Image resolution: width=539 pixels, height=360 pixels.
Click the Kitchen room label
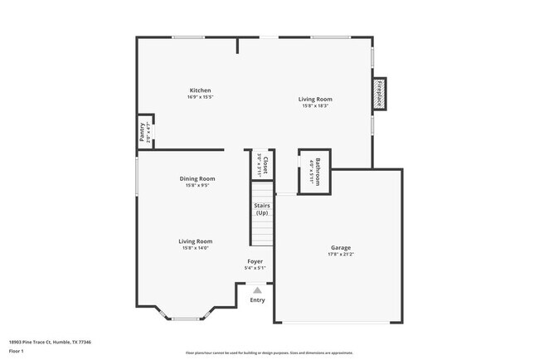[x=200, y=90]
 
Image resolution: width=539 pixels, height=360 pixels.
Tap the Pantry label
[x=143, y=133]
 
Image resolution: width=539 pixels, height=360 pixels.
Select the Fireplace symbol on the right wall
[x=380, y=95]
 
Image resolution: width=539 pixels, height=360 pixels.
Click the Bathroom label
[x=316, y=171]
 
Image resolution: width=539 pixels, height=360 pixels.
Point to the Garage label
[x=341, y=247]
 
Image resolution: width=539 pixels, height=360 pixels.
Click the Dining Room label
[x=197, y=178]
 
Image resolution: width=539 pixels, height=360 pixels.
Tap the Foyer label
[x=255, y=261]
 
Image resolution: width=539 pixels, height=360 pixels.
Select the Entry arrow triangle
[x=258, y=290]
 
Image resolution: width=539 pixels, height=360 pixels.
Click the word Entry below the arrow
[x=258, y=299]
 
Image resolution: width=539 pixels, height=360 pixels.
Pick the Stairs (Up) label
[x=261, y=210]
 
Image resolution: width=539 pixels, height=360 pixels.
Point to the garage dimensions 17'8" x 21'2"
[x=341, y=255]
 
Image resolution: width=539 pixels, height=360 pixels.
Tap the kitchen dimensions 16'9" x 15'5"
[x=200, y=97]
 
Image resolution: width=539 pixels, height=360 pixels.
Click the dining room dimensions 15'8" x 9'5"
[x=197, y=185]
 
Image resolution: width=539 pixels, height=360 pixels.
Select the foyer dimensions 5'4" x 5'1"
[x=255, y=268]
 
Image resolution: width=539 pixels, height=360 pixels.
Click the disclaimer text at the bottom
[x=269, y=353]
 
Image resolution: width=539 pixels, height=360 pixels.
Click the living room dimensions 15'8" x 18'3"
[x=316, y=105]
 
